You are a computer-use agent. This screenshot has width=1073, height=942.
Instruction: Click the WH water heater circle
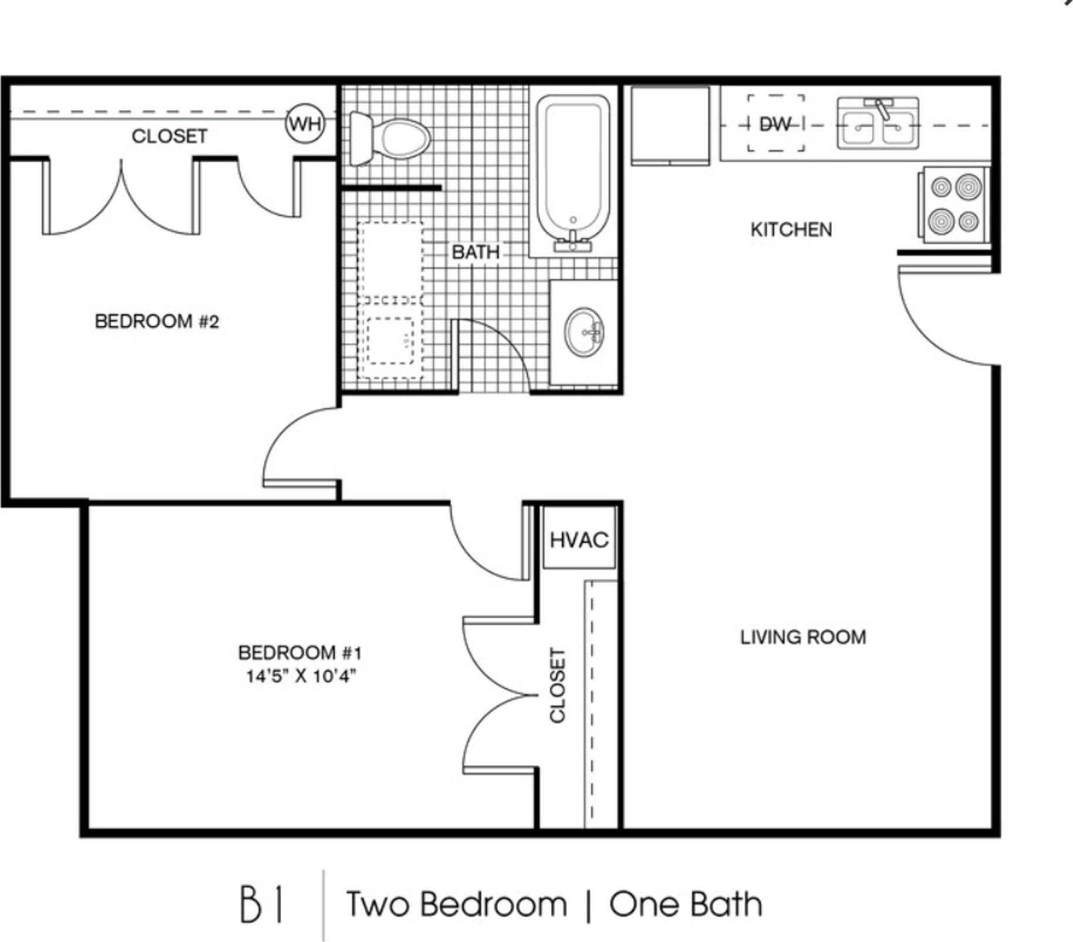click(305, 124)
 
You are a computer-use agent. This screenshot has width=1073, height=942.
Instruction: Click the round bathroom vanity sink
click(584, 331)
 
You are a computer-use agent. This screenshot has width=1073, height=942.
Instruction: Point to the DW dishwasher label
click(775, 124)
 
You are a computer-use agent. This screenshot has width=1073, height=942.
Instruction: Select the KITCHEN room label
click(791, 229)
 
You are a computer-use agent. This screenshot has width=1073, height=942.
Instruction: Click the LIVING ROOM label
click(803, 637)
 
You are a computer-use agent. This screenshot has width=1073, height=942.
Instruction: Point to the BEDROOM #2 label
click(157, 321)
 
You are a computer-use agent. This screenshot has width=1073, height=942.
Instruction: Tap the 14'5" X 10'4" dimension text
click(301, 676)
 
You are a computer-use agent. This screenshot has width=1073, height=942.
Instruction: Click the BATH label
click(476, 252)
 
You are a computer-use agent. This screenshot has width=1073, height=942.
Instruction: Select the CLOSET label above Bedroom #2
click(169, 136)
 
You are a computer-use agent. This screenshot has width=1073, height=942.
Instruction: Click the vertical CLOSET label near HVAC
click(557, 685)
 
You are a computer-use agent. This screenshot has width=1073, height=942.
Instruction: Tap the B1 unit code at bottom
click(262, 904)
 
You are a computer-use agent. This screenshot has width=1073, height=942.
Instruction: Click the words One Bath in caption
click(686, 904)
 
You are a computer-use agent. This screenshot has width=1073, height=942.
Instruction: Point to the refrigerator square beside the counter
click(670, 126)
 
